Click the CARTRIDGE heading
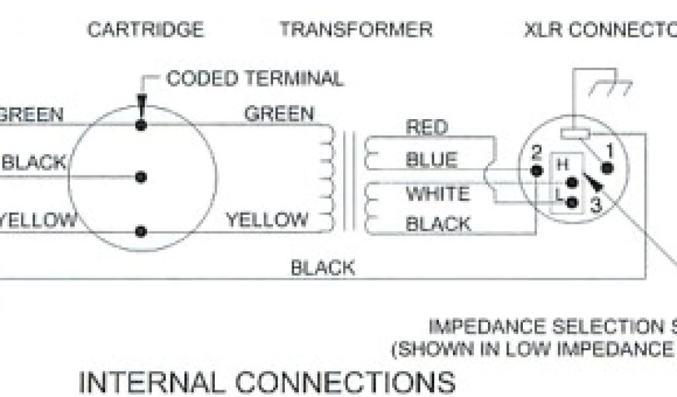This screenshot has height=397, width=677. (x=145, y=30)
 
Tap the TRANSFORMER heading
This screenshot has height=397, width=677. (x=356, y=30)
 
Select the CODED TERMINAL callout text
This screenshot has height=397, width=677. (x=255, y=79)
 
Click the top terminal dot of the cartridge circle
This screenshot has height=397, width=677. (x=140, y=124)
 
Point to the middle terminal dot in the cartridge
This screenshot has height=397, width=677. (x=140, y=177)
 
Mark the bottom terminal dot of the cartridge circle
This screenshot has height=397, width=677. (x=140, y=231)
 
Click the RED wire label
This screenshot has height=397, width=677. (x=426, y=127)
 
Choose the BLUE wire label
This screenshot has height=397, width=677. (x=431, y=160)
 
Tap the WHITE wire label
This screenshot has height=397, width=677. (x=438, y=194)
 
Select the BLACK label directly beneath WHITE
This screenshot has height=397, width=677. (x=438, y=224)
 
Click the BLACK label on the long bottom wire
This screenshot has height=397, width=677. (x=323, y=268)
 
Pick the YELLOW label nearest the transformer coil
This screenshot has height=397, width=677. (x=267, y=219)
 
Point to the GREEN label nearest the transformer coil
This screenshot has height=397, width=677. (x=279, y=114)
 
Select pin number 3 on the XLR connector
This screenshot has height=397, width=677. (x=595, y=205)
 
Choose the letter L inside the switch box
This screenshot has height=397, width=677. (x=559, y=197)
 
